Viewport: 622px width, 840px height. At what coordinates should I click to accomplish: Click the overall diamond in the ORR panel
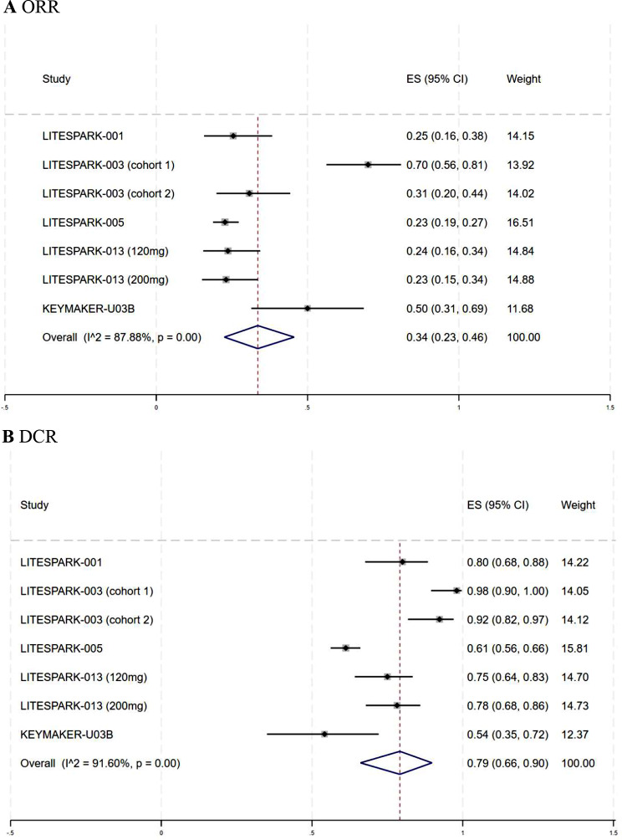(x=258, y=337)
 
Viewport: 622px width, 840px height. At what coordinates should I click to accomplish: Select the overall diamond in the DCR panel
(x=396, y=763)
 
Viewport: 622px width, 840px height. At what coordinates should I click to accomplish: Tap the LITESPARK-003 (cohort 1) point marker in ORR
(x=368, y=165)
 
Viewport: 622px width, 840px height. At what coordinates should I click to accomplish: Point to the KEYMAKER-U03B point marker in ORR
(x=308, y=309)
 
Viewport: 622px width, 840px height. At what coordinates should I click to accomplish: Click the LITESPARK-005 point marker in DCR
(x=345, y=648)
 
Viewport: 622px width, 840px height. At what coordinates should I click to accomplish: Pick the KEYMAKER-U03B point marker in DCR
(x=324, y=734)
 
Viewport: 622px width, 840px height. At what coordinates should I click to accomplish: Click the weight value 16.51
(x=520, y=223)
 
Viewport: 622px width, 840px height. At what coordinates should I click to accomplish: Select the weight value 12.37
(x=575, y=735)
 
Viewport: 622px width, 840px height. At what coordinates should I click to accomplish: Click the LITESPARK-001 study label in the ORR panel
(x=83, y=136)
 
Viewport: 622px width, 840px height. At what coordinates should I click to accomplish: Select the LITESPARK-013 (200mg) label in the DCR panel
(x=84, y=706)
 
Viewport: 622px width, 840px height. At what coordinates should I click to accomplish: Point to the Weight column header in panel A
(x=523, y=79)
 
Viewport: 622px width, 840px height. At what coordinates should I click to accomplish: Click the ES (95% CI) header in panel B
(x=497, y=505)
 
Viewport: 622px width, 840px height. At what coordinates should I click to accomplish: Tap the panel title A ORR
(x=31, y=8)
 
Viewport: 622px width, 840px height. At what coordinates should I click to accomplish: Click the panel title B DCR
(x=30, y=437)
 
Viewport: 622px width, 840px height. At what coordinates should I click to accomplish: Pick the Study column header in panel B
(x=34, y=505)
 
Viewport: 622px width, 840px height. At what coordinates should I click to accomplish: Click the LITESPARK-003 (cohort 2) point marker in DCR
(x=440, y=619)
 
